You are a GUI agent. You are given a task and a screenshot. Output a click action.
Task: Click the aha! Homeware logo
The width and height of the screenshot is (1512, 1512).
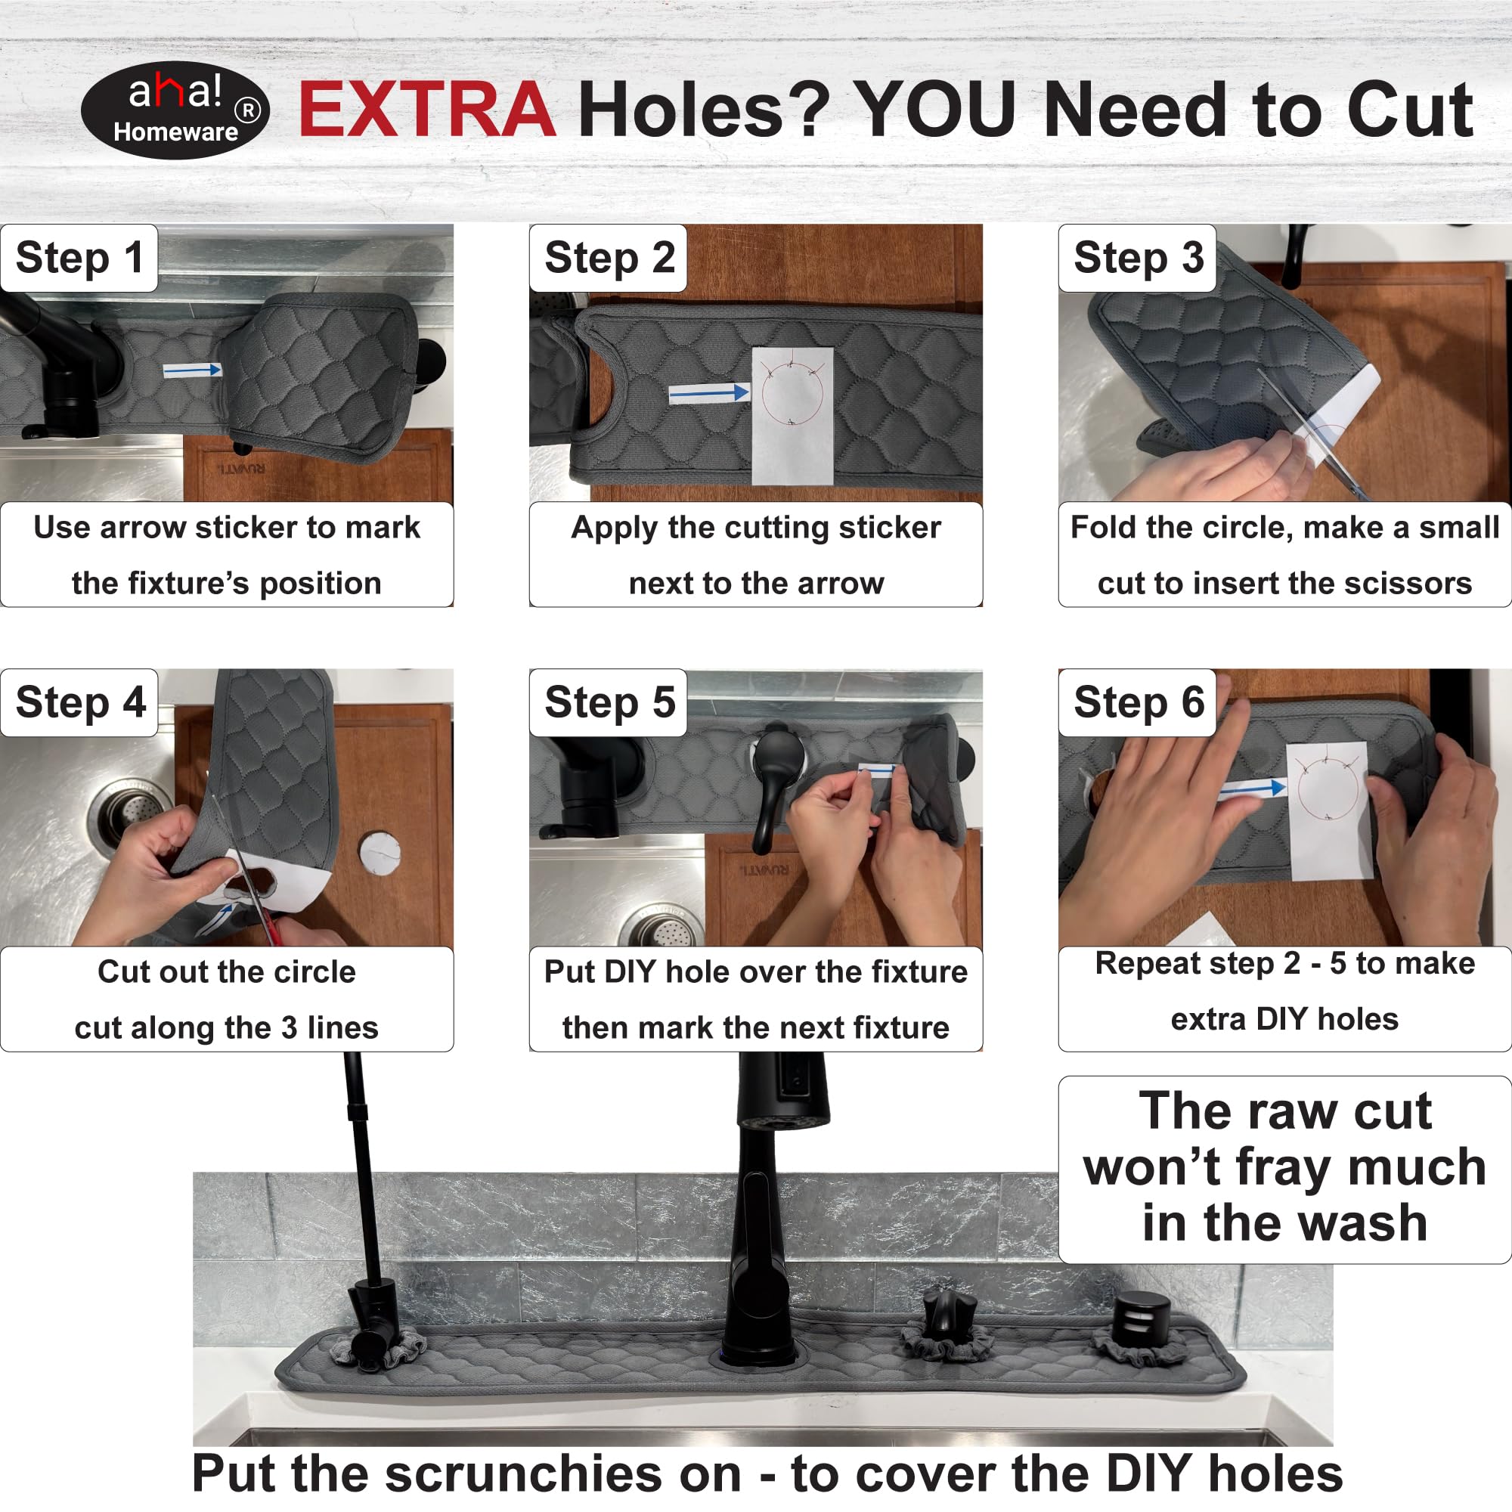(175, 110)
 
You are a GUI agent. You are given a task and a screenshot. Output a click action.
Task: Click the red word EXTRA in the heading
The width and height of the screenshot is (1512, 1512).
(427, 110)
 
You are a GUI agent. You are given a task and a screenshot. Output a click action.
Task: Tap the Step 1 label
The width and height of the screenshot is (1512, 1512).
(79, 258)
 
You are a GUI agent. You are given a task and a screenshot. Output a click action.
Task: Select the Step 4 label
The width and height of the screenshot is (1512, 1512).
(80, 702)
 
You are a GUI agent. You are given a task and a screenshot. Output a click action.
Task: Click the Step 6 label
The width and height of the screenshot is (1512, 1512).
(1138, 702)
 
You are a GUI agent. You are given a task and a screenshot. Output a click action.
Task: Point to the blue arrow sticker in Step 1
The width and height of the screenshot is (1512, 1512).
(193, 370)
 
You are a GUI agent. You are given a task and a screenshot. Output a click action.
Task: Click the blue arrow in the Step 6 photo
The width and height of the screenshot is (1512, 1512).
(1252, 792)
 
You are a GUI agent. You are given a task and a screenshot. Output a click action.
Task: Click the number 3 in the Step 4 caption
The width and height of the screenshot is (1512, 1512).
(290, 1027)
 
